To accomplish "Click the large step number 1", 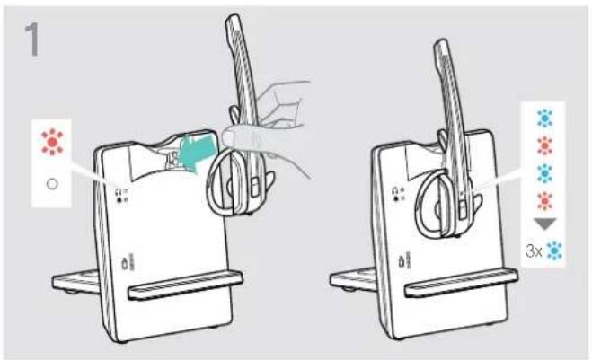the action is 32,40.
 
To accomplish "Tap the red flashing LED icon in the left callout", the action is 52,142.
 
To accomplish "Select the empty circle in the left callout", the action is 52,184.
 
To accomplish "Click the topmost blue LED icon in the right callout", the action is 544,118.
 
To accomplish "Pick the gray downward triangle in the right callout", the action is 545,224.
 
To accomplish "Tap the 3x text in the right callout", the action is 534,251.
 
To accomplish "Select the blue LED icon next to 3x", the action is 554,251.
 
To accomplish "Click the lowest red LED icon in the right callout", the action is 544,201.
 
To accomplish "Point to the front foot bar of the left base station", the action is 185,285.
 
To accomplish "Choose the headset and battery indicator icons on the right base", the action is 398,194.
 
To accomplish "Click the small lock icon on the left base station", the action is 125,263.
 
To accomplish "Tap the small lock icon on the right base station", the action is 402,261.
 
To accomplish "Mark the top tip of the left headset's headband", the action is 233,16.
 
